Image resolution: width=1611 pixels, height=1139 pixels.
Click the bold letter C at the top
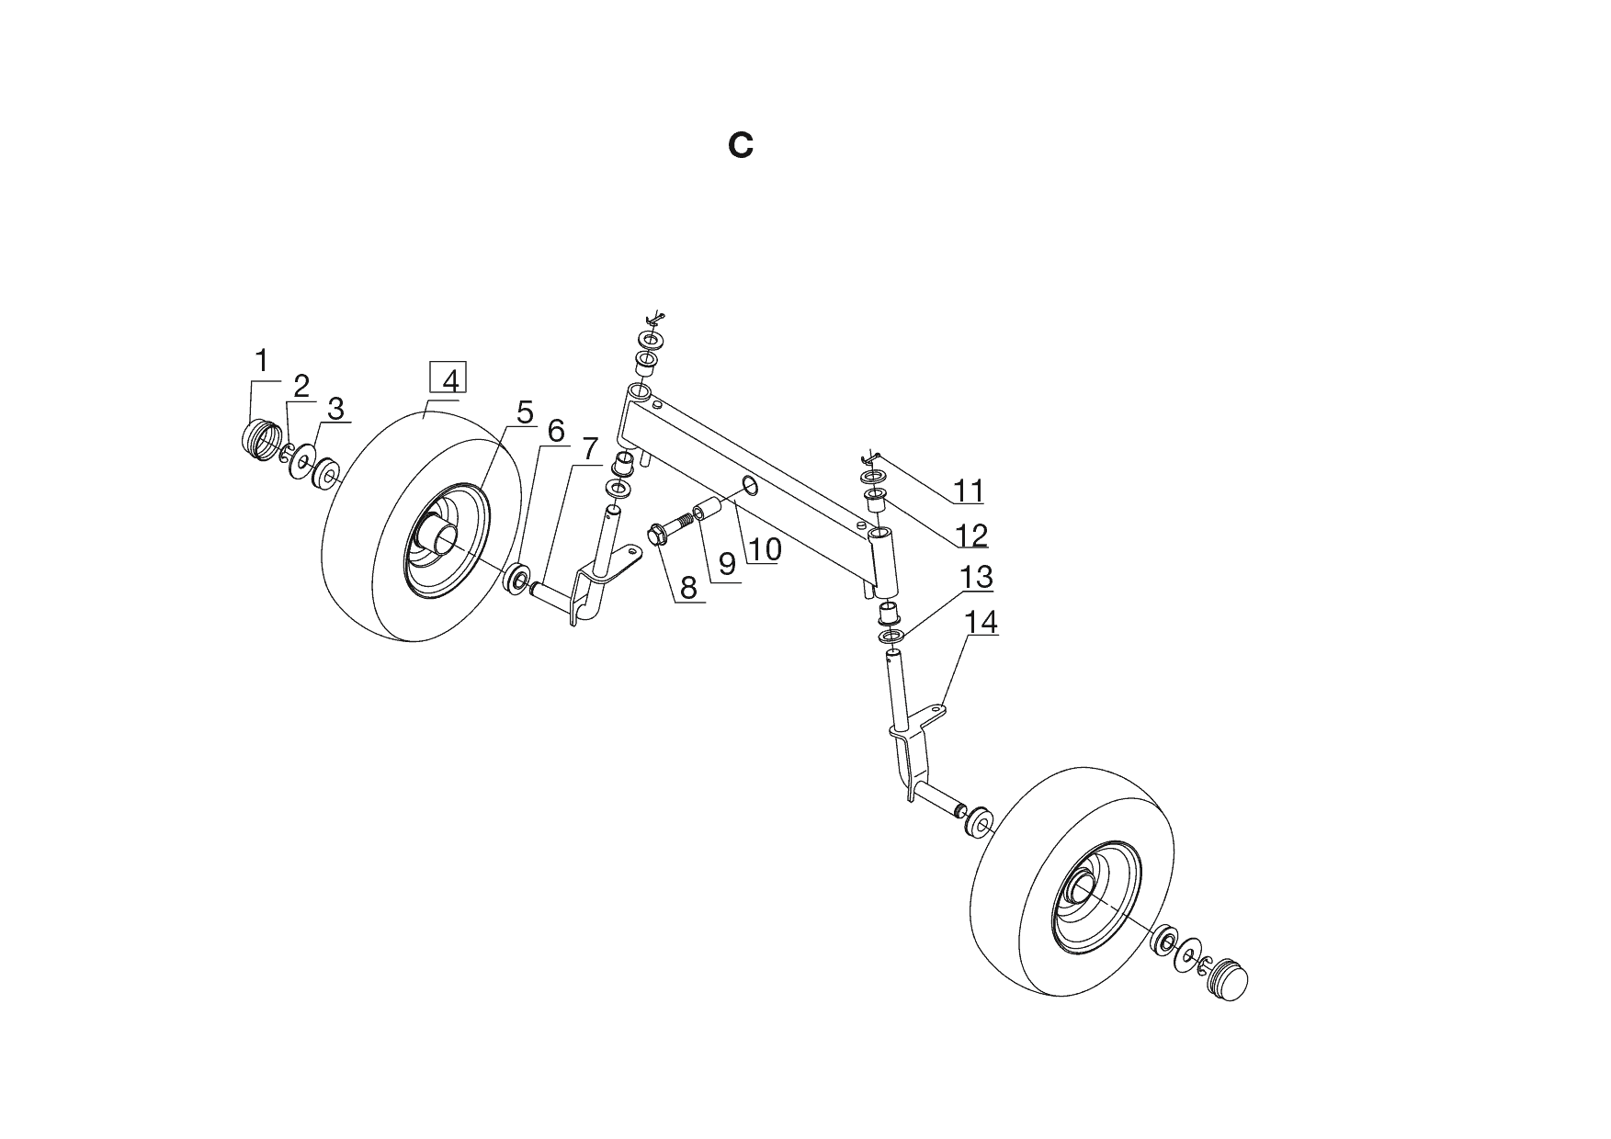741,146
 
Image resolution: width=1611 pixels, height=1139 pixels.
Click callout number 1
262,361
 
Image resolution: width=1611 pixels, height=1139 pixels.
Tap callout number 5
524,413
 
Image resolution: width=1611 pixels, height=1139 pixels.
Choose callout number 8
688,587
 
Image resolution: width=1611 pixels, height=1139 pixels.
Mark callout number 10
765,549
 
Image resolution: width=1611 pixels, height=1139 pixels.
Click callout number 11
968,491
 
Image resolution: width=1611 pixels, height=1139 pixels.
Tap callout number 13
977,578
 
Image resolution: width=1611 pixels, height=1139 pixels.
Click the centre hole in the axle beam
750,487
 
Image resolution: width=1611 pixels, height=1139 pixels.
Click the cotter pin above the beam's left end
653,319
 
